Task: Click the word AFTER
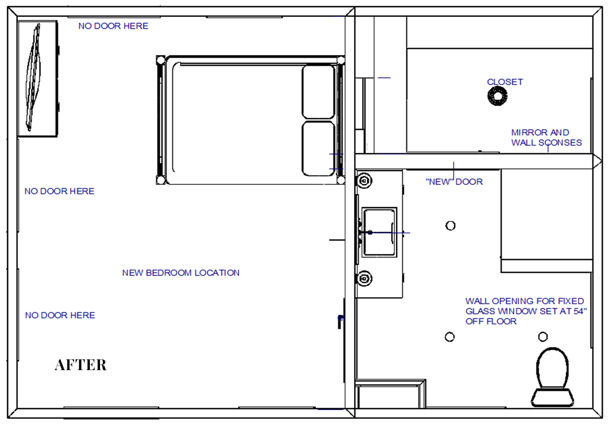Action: click(x=81, y=365)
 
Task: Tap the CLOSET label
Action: click(x=505, y=82)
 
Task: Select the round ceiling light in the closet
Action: click(x=497, y=96)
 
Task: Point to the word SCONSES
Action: click(x=560, y=143)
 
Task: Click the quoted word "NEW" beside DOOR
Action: click(x=439, y=181)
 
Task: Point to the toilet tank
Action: click(x=553, y=398)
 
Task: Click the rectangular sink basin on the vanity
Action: click(x=379, y=233)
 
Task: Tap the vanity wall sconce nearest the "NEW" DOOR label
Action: click(x=364, y=181)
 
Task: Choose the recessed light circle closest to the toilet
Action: click(x=543, y=337)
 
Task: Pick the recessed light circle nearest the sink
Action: click(x=451, y=225)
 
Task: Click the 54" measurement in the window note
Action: click(x=580, y=311)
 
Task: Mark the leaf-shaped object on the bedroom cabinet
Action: click(x=33, y=77)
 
